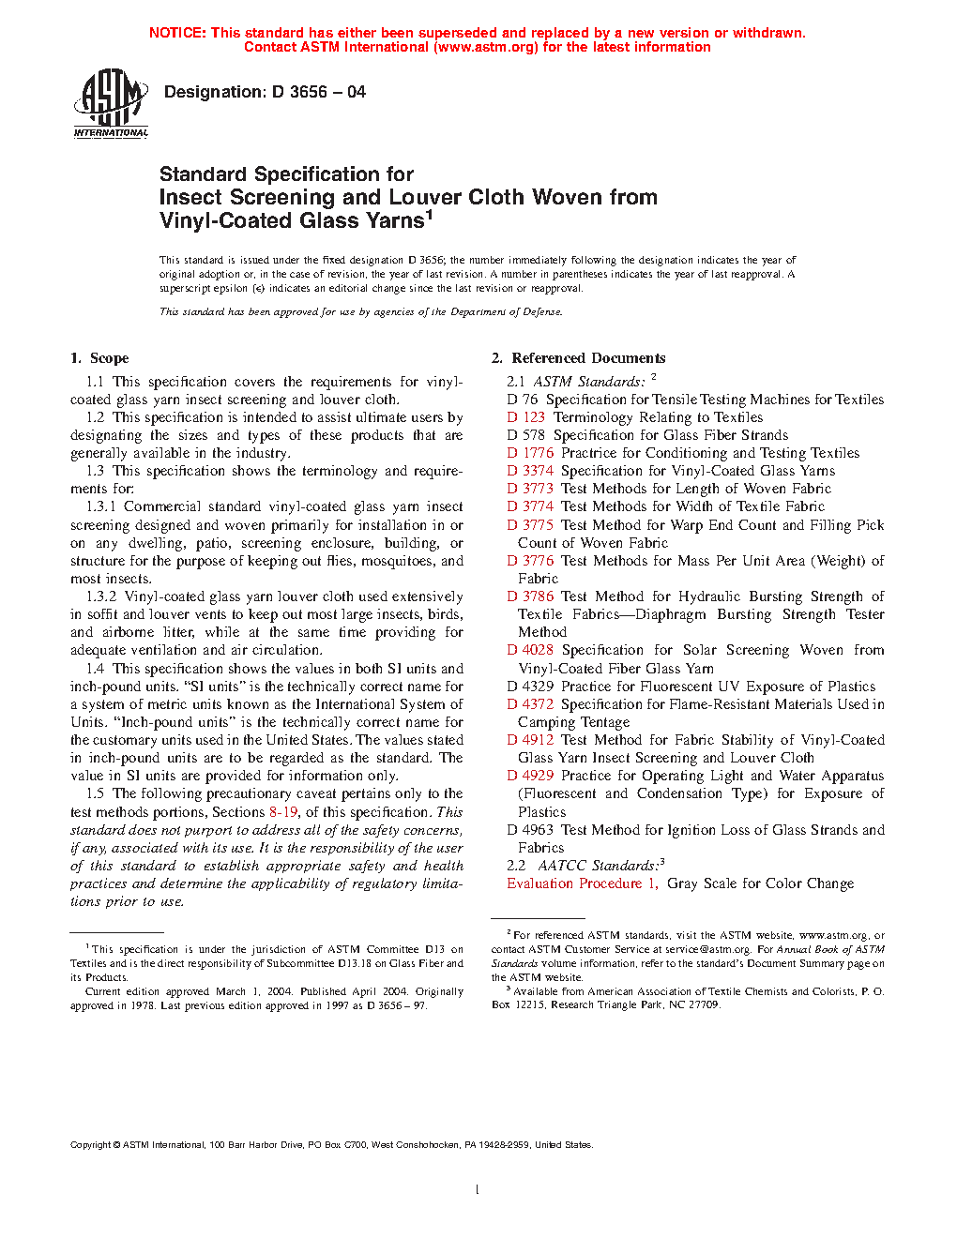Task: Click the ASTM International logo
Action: coord(111,103)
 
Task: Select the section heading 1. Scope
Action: coord(99,358)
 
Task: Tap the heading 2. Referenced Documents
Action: coord(578,358)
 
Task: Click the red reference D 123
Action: coord(525,417)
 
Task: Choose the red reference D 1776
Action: coord(530,453)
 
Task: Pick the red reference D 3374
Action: coord(530,471)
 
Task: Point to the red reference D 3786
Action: coord(530,596)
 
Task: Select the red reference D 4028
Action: coord(530,650)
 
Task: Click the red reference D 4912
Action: coord(530,740)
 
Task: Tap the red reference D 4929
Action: coord(530,776)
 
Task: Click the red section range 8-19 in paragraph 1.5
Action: coord(283,812)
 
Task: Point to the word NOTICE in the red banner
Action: coord(177,33)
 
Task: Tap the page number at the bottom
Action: coord(478,1190)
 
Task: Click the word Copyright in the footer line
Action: coord(90,1145)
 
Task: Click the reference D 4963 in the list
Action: coord(530,830)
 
